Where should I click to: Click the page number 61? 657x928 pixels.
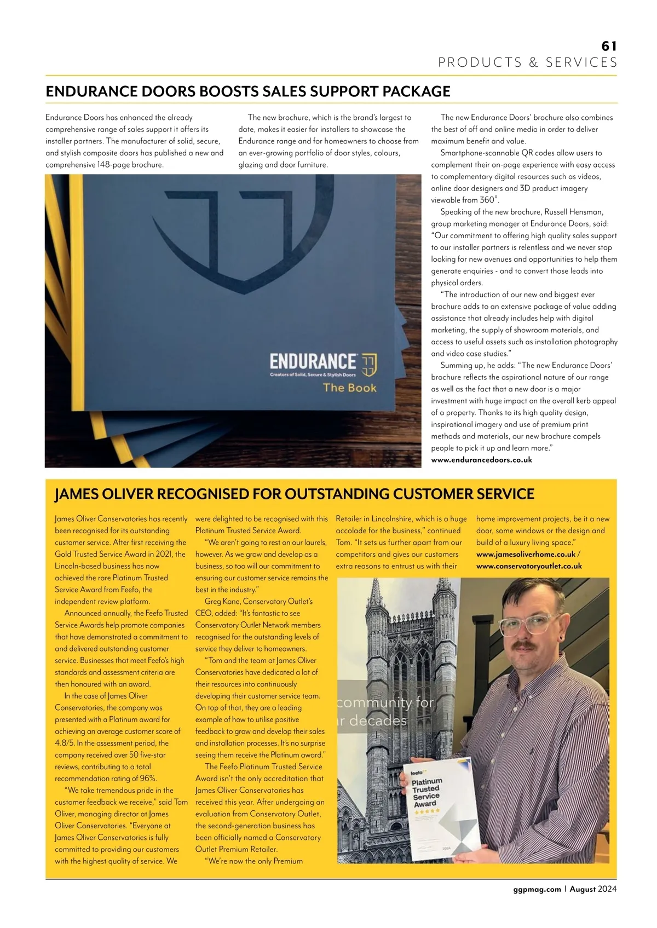click(x=609, y=46)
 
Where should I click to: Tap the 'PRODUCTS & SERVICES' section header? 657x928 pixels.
click(x=527, y=62)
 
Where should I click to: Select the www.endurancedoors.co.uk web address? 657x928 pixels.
click(x=481, y=460)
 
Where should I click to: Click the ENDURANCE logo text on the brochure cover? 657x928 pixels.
click(x=313, y=361)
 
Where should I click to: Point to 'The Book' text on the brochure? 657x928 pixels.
click(x=349, y=388)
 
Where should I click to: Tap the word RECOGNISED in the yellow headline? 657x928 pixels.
click(x=202, y=494)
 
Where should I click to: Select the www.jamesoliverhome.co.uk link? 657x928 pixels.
click(x=526, y=554)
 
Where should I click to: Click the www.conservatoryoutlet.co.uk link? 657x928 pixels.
click(x=529, y=566)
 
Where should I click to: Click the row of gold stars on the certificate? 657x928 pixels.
click(x=427, y=812)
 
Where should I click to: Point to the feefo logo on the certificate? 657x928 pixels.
click(x=417, y=771)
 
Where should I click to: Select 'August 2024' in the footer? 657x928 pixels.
click(x=593, y=889)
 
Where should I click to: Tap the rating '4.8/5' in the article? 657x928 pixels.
click(x=65, y=743)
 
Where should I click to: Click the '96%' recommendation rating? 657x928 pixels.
click(x=148, y=779)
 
